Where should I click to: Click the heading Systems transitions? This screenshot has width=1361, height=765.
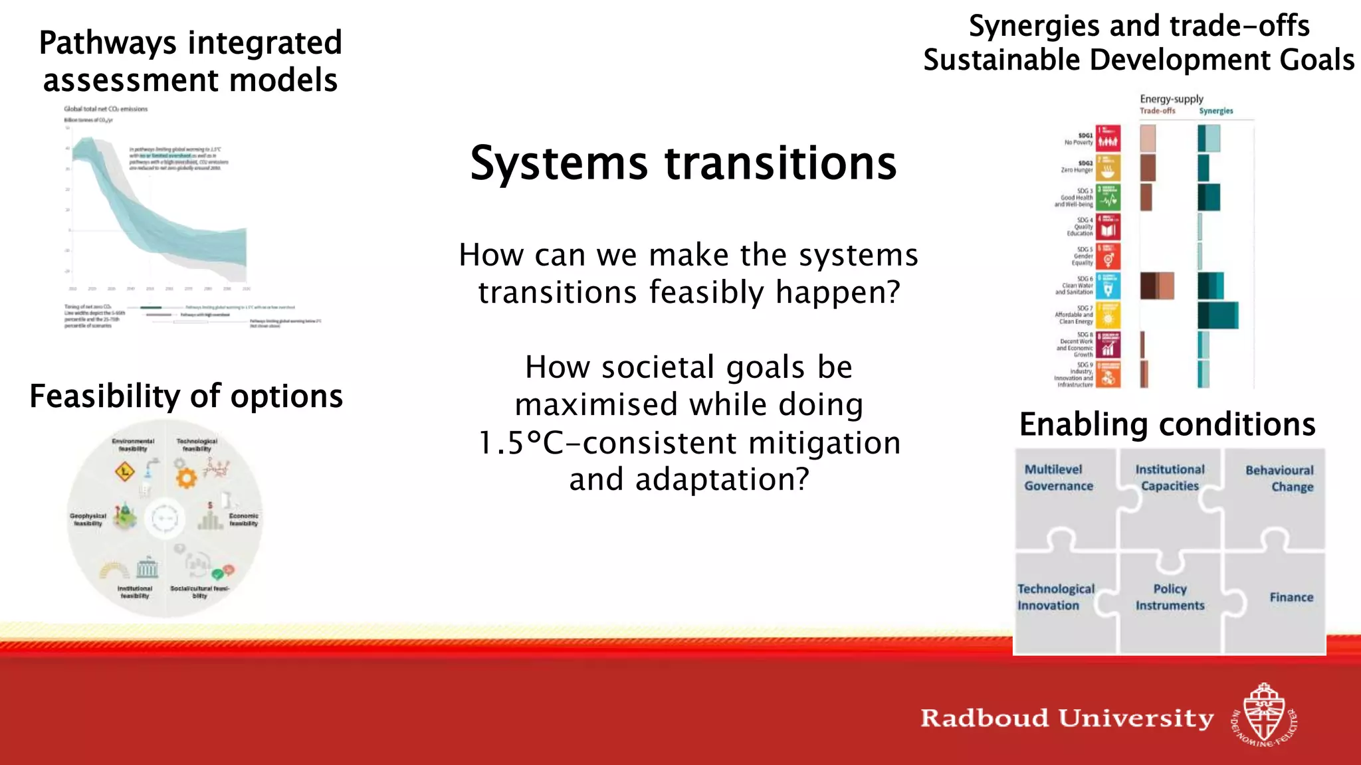coord(683,163)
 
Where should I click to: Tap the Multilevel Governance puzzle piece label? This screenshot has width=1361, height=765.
coord(1058,477)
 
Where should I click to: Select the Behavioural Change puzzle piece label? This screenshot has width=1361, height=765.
coord(1279,478)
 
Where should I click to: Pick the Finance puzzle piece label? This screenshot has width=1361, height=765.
coord(1291,597)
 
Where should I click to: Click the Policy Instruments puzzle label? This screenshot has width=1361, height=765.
coord(1170,597)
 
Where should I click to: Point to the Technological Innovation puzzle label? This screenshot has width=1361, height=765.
coord(1055,597)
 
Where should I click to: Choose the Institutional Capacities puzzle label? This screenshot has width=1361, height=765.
coord(1170,477)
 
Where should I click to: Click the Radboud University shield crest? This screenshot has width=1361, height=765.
coord(1264,715)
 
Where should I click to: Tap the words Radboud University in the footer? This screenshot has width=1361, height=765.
coord(1067,718)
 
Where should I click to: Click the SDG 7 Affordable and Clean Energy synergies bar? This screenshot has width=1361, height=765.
coord(1217,315)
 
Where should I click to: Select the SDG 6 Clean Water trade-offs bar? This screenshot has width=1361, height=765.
coord(1157,286)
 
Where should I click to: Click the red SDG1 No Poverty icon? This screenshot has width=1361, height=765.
coord(1108,138)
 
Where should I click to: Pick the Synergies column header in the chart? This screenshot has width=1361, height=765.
coord(1215,111)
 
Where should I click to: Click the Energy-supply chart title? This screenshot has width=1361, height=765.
coord(1172,99)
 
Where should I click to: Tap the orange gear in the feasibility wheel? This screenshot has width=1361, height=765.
coord(187,477)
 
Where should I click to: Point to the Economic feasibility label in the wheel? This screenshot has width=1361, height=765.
coord(243,519)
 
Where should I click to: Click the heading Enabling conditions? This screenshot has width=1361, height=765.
coord(1167,424)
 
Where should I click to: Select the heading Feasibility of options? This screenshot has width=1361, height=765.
coord(186,396)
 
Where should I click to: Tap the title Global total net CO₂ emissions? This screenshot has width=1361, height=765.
coord(106,109)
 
